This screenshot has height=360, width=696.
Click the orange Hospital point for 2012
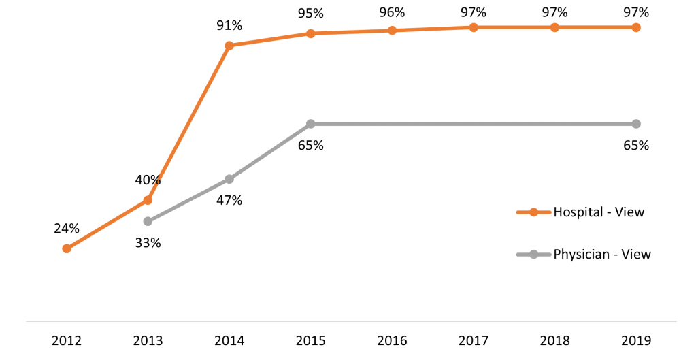pyautogui.click(x=66, y=248)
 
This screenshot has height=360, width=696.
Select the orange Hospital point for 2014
pyautogui.click(x=229, y=46)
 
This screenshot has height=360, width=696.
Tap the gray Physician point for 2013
pyautogui.click(x=148, y=221)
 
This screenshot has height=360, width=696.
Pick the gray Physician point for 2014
pyautogui.click(x=229, y=179)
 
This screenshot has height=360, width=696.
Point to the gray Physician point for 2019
pyautogui.click(x=636, y=124)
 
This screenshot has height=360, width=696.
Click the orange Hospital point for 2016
pyautogui.click(x=392, y=30)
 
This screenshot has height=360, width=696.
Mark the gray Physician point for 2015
pyautogui.click(x=310, y=124)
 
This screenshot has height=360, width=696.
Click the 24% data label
pyautogui.click(x=66, y=229)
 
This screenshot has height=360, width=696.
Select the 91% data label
pyautogui.click(x=229, y=26)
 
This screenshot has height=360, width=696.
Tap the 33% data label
pyautogui.click(x=148, y=242)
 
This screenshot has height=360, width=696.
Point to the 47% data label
pyautogui.click(x=229, y=200)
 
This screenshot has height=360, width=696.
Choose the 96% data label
pyautogui.click(x=392, y=12)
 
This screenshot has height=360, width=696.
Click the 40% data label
pyautogui.click(x=148, y=180)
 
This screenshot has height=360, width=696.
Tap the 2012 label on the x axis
pyautogui.click(x=66, y=341)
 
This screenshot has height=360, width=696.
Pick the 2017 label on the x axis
pyautogui.click(x=474, y=341)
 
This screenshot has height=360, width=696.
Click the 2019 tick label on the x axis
pyautogui.click(x=636, y=341)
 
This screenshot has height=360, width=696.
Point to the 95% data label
pyautogui.click(x=310, y=13)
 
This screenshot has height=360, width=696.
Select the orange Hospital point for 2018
pyautogui.click(x=554, y=27)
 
